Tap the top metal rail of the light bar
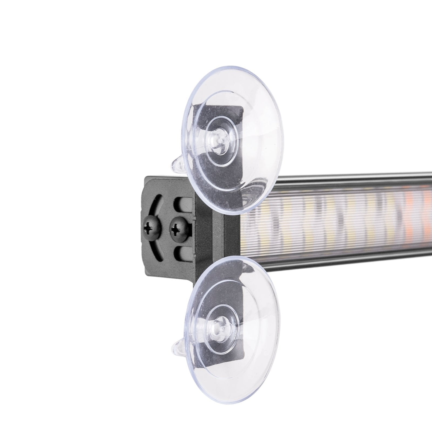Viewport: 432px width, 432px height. coord(351,180)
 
